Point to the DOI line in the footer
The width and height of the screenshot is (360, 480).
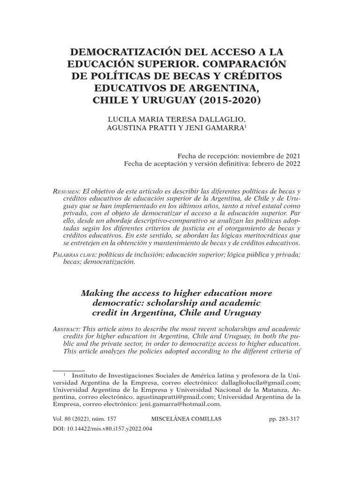click(x=101, y=429)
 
